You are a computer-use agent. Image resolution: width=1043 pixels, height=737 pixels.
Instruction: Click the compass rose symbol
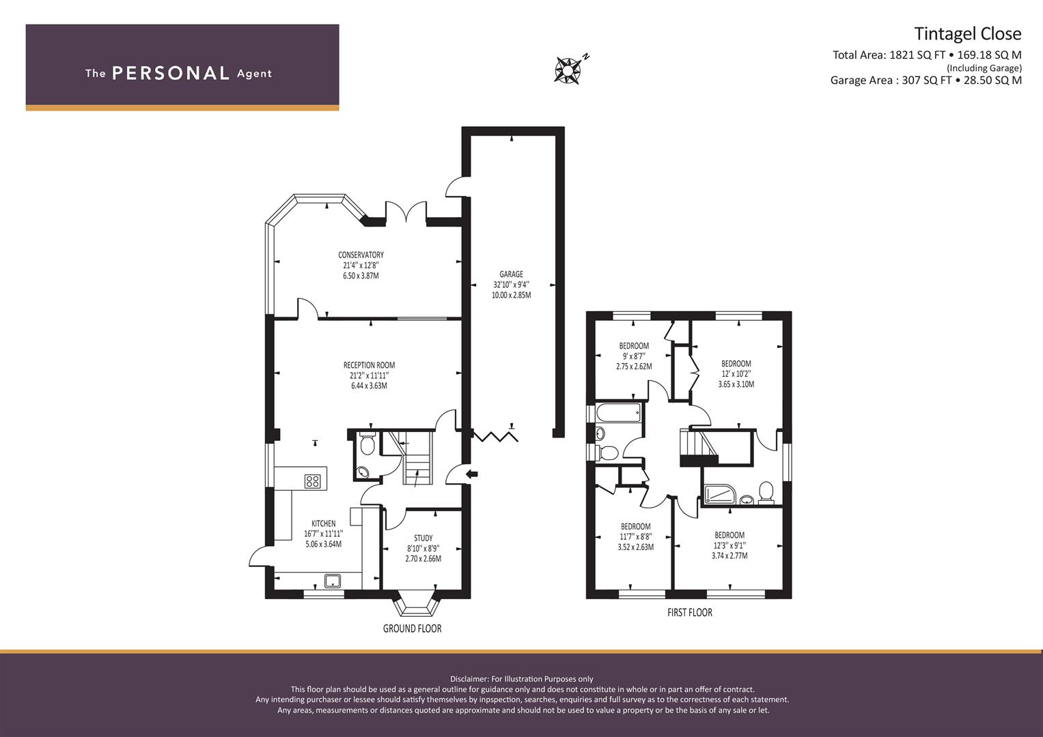(568, 70)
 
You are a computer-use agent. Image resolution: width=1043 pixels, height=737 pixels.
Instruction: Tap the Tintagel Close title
(967, 33)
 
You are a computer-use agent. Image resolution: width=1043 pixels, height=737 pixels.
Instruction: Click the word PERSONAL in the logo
(170, 73)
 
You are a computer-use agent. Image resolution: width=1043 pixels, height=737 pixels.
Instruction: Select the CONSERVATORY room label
(361, 255)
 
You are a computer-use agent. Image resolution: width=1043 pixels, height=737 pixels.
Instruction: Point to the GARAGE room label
(511, 274)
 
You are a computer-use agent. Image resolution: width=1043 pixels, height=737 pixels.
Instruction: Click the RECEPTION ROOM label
(369, 365)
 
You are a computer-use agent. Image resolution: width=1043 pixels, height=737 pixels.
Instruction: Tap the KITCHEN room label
(323, 523)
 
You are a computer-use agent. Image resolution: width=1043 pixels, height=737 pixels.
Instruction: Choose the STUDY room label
(423, 538)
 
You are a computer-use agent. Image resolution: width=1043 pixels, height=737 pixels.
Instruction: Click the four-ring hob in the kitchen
(312, 481)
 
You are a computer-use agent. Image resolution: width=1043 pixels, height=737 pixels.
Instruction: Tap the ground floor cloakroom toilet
(367, 446)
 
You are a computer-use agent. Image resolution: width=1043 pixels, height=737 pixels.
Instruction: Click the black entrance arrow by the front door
(472, 474)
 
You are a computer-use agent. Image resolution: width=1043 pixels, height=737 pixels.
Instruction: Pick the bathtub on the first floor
(618, 411)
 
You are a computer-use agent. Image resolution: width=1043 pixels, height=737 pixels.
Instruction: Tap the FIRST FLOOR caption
(689, 613)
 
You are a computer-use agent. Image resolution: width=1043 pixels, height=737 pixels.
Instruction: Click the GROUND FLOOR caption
(412, 628)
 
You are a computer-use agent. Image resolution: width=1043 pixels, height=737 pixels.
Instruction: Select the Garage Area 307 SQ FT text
(926, 80)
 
